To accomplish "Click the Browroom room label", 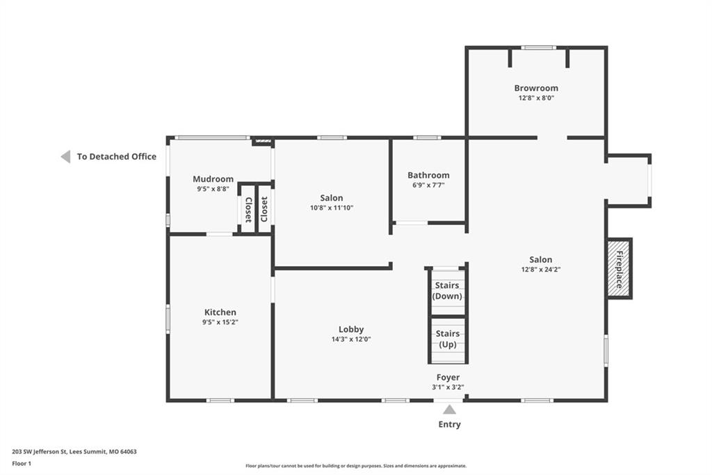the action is (536, 88).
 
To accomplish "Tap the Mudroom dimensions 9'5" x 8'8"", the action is (213, 189).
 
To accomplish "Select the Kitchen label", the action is (220, 312).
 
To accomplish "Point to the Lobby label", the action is (351, 329).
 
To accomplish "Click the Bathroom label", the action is (428, 176).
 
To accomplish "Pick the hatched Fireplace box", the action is (619, 268).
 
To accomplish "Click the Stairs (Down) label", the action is (447, 290).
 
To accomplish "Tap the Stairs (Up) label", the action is (448, 339).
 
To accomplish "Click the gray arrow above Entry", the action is (450, 410).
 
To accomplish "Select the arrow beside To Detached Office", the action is (66, 157).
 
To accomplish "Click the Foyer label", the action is (448, 377).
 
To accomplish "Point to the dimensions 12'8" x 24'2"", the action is (541, 270).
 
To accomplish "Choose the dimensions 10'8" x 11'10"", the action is (332, 208).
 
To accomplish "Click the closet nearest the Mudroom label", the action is (248, 209).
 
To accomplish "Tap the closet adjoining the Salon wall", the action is (264, 209).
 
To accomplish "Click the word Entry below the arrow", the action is (450, 424).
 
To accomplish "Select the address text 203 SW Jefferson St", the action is (40, 452).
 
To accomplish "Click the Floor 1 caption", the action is (22, 464).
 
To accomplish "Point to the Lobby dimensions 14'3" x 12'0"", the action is (351, 339).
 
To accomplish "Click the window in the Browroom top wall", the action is (539, 48).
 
